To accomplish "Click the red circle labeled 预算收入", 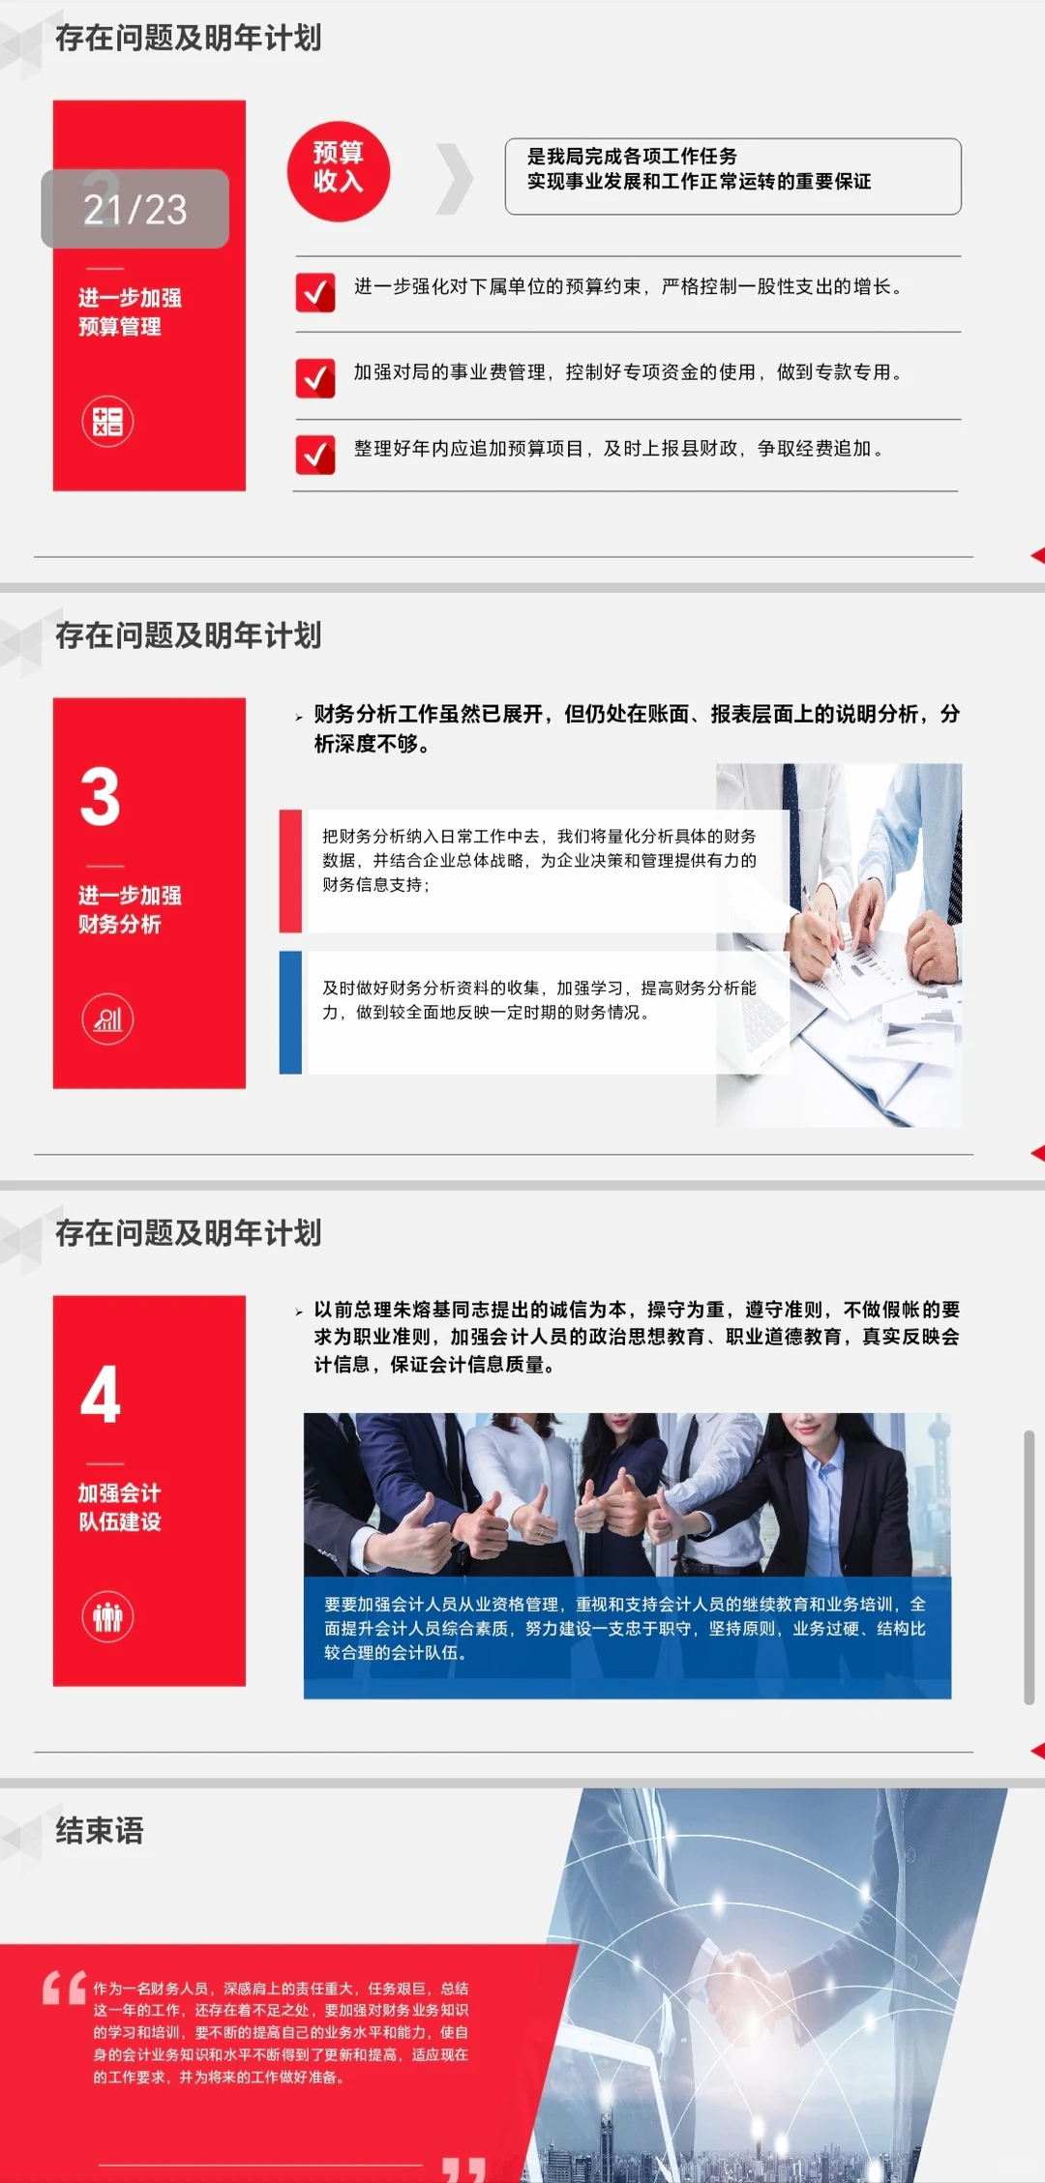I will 338,171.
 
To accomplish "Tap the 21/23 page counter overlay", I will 134,209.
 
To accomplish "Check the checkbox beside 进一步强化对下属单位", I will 315,291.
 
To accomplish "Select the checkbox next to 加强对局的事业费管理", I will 315,377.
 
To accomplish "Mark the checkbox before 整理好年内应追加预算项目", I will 315,454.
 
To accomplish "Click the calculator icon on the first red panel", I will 107,422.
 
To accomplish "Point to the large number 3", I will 101,797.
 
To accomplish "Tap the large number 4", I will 101,1395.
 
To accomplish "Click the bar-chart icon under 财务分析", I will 107,1019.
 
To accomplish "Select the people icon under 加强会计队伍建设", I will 107,1616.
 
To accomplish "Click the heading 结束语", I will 100,1830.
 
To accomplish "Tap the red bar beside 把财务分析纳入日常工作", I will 290,870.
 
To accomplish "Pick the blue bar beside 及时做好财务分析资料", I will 290,1012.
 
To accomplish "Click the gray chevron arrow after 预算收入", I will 455,178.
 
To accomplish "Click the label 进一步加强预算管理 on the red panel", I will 130,311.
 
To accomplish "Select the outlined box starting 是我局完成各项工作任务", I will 732,176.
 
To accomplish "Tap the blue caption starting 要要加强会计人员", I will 626,1628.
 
